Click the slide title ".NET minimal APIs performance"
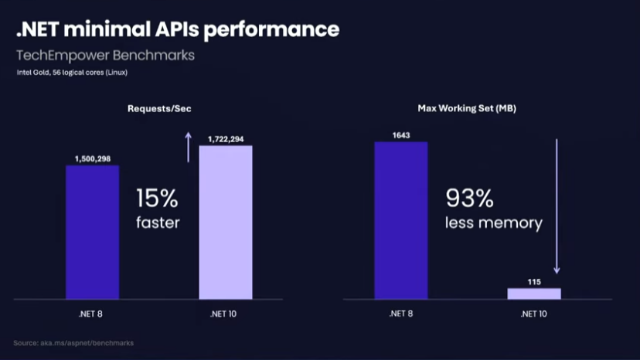click(x=178, y=29)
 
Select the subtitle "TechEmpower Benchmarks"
click(x=106, y=56)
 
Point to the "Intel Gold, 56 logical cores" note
click(x=72, y=73)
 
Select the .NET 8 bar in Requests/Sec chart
click(x=93, y=232)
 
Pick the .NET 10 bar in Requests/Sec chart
click(x=226, y=222)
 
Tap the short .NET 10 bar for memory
click(x=534, y=293)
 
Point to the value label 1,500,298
click(x=93, y=158)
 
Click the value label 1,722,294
click(x=226, y=139)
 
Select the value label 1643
click(x=401, y=135)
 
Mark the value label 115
click(x=534, y=281)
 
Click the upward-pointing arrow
click(x=187, y=147)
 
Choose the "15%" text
click(x=158, y=199)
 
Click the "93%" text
click(x=469, y=199)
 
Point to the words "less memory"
click(x=493, y=223)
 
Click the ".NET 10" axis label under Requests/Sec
click(x=226, y=314)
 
